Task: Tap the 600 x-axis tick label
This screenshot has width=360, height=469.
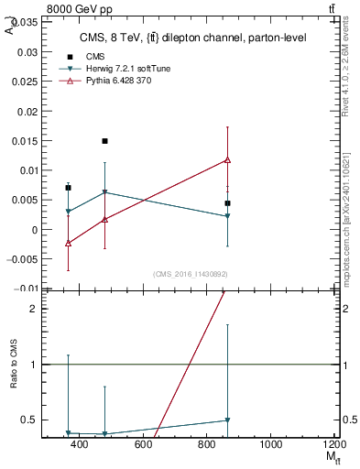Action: (143, 444)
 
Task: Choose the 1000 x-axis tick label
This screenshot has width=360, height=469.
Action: (270, 444)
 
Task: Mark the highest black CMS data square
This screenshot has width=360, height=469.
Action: (105, 141)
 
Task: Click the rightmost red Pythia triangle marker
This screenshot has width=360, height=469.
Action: (227, 160)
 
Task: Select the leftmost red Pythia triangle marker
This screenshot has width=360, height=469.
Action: (69, 243)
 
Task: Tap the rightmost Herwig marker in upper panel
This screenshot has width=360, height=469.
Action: (227, 216)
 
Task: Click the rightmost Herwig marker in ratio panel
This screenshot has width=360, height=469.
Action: (227, 420)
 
